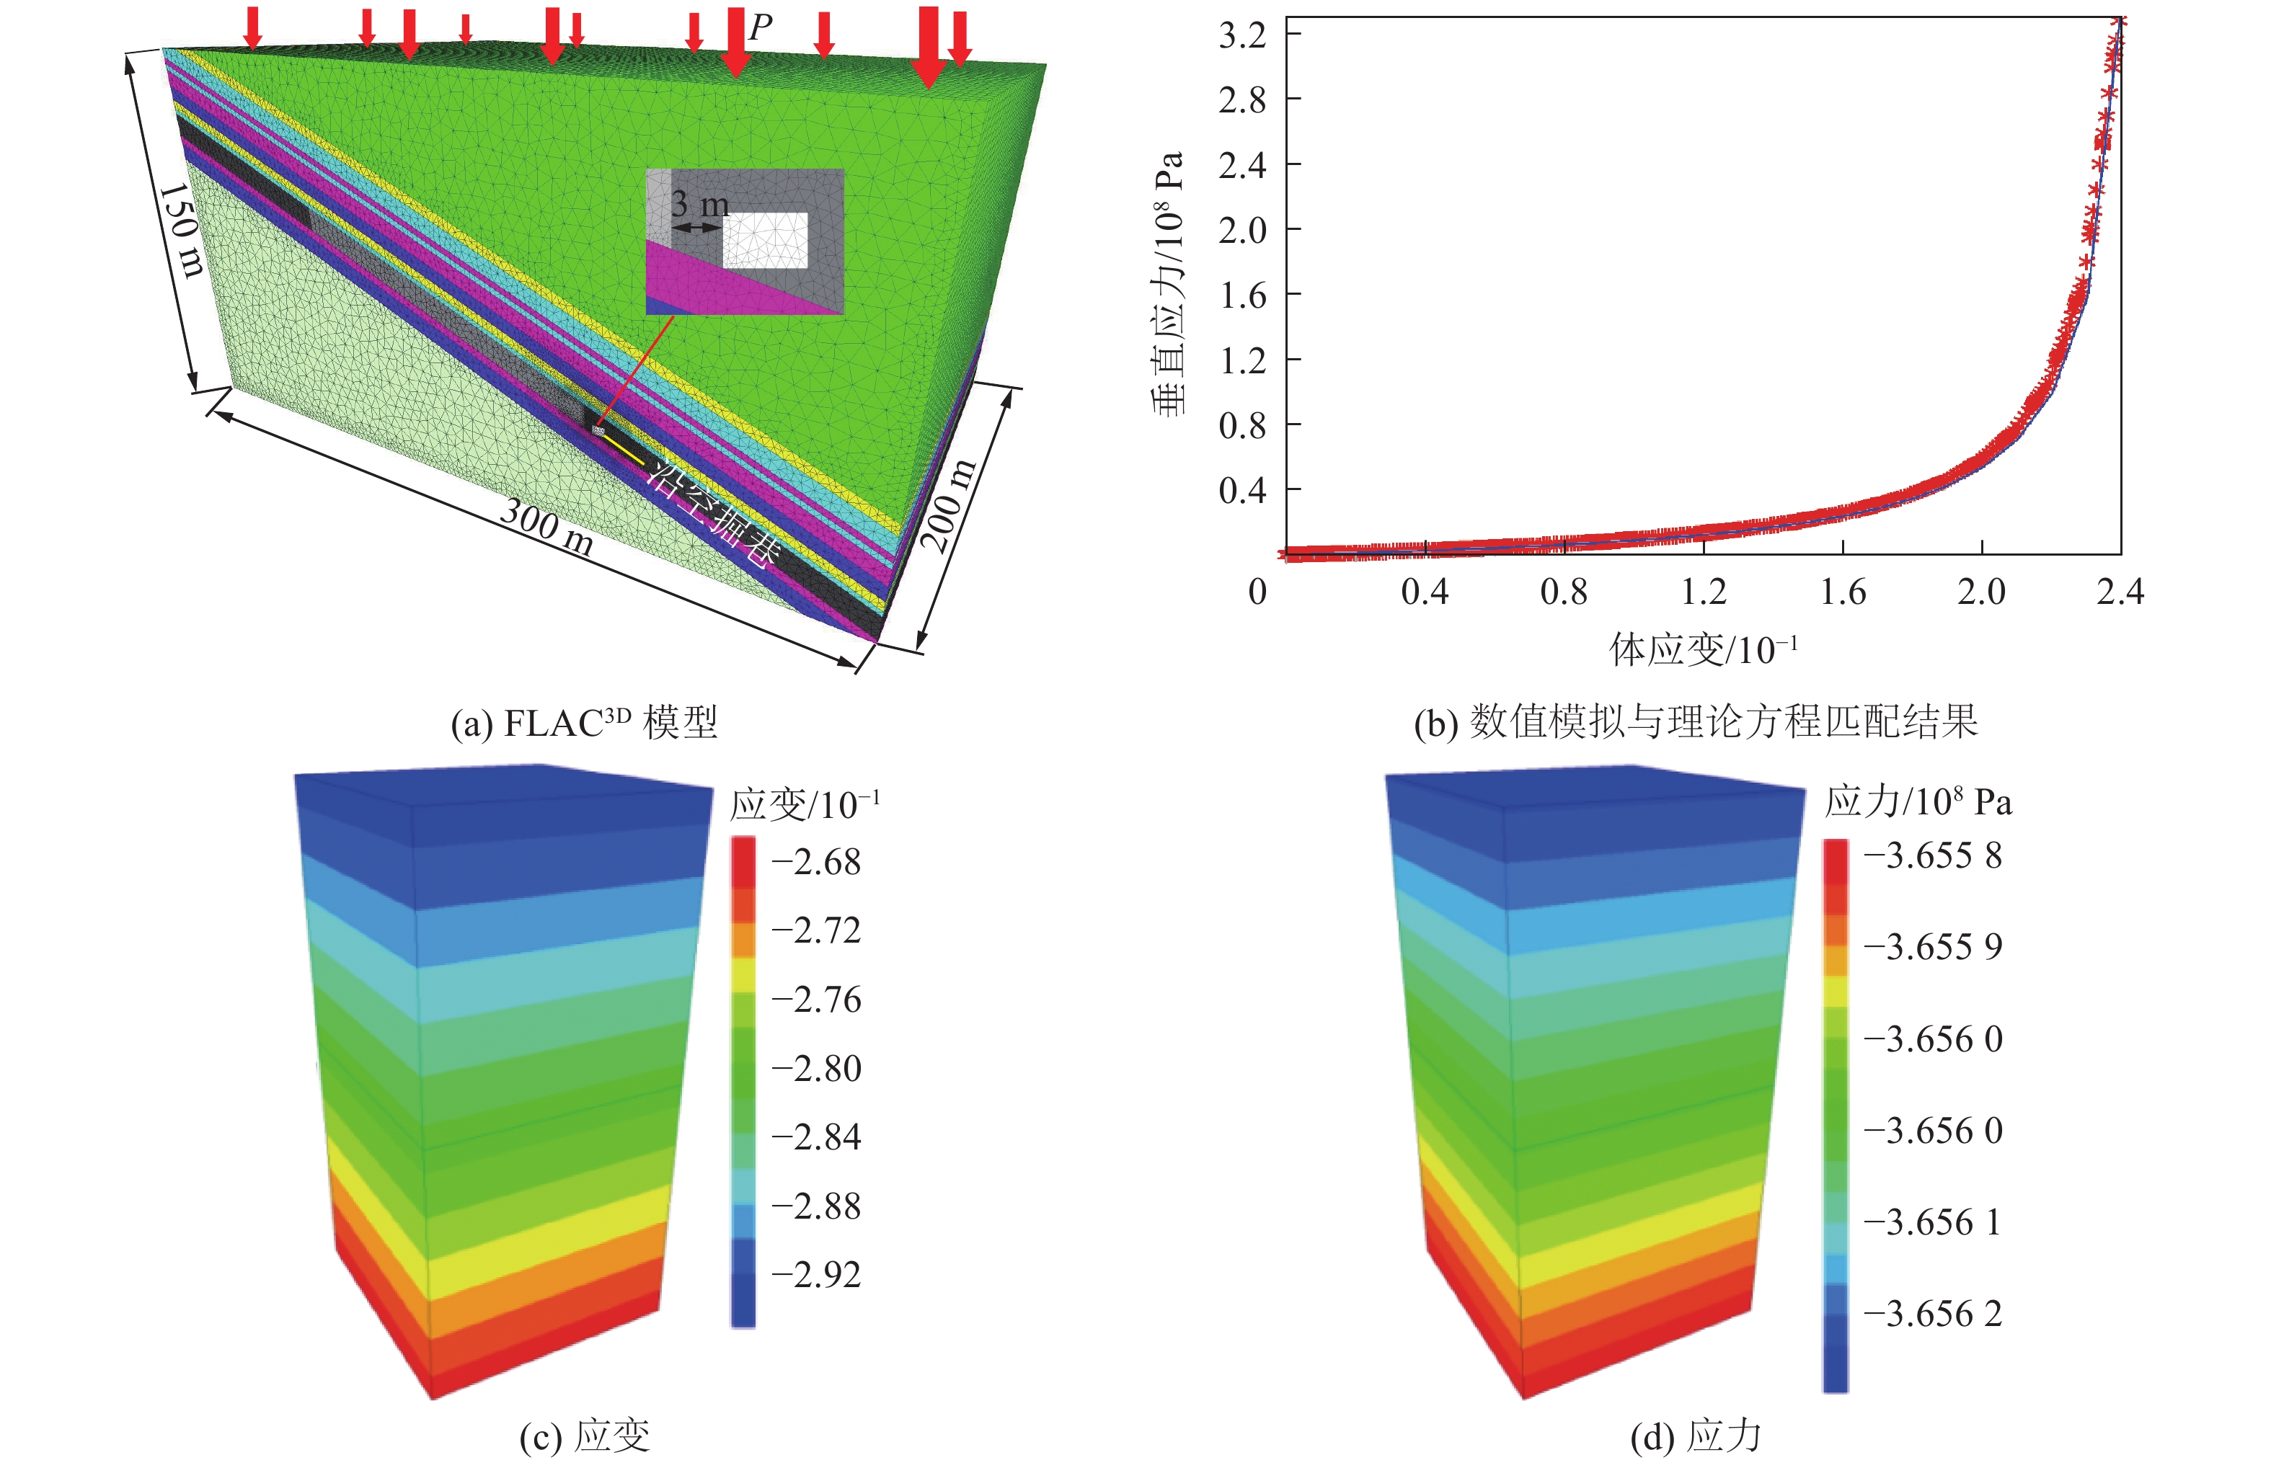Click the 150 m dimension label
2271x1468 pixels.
click(x=181, y=231)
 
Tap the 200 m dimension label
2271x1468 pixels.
click(x=949, y=505)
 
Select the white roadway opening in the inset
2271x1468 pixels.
click(x=765, y=240)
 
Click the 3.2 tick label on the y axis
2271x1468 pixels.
click(x=1241, y=35)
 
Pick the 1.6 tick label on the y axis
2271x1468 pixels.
click(x=1241, y=295)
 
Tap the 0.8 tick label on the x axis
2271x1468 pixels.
click(x=1564, y=592)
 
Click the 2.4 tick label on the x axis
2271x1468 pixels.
click(x=2120, y=592)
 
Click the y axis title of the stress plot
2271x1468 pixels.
click(x=1169, y=284)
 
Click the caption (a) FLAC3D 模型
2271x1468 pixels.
click(x=583, y=723)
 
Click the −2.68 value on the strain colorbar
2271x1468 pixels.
click(x=816, y=862)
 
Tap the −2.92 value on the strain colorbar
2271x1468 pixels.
click(x=816, y=1274)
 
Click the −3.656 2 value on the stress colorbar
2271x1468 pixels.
click(x=1933, y=1314)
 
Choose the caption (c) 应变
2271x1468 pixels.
click(x=585, y=1436)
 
